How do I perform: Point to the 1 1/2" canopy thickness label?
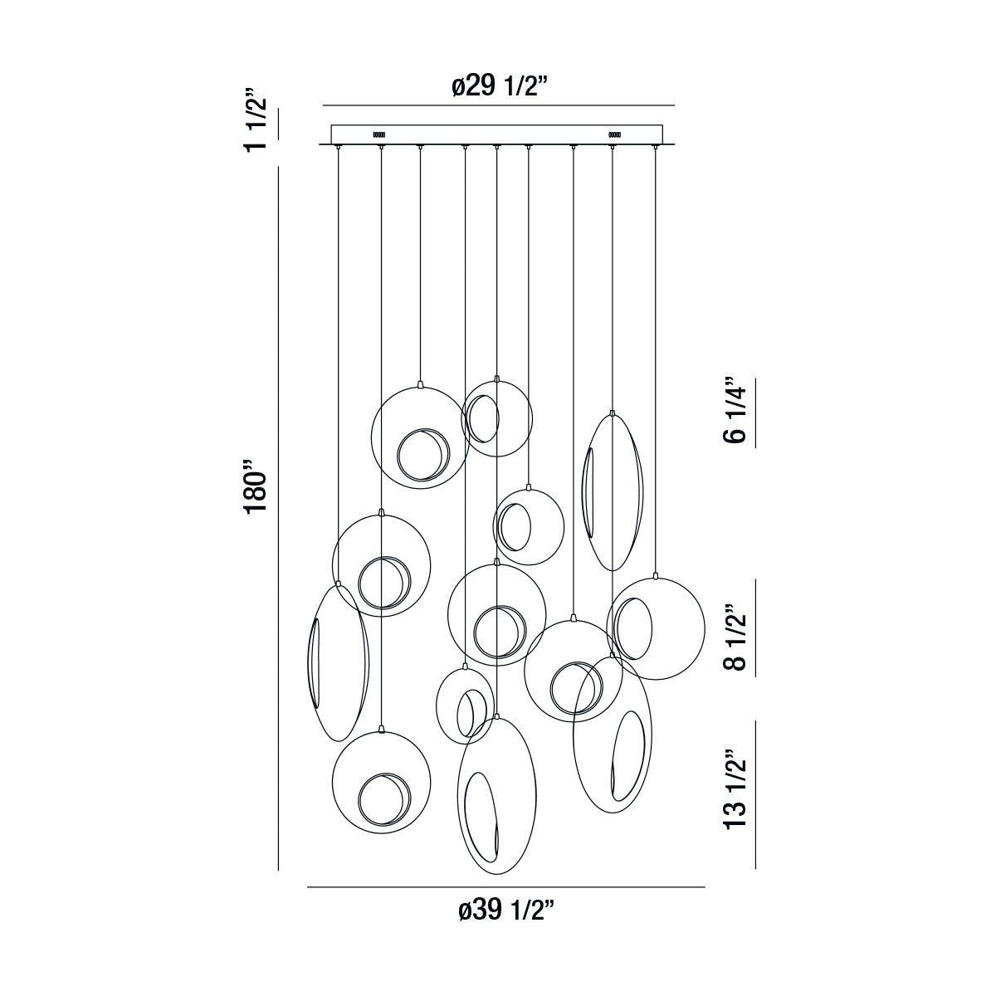[x=256, y=120]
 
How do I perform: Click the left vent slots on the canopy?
[x=378, y=134]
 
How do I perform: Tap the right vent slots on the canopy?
[x=614, y=134]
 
